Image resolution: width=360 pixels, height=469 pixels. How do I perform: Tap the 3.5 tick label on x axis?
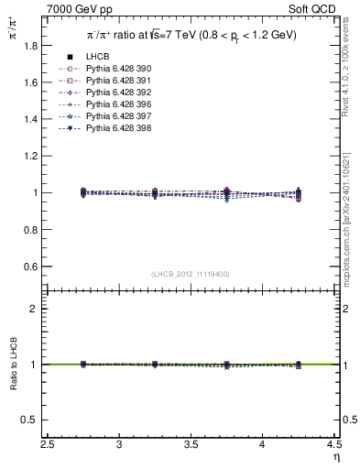coord(191,445)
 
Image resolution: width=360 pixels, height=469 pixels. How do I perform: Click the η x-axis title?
coord(334,458)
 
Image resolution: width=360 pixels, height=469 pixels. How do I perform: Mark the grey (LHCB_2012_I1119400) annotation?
coord(191,274)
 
